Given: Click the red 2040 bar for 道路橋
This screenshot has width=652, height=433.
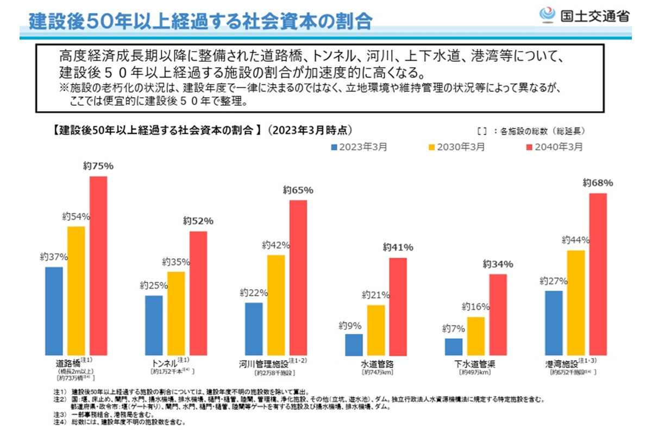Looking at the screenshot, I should pos(98,265).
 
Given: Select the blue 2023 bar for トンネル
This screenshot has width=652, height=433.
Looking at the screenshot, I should pos(154,325).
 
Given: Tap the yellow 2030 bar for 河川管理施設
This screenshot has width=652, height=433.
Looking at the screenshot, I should pos(276,304).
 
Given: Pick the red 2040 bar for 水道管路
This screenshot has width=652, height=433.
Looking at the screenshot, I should pos(398,306).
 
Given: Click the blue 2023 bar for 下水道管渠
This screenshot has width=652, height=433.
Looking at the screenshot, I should pos(454,346).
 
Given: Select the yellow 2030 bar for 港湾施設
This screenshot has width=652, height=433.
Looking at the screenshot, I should pos(576,302).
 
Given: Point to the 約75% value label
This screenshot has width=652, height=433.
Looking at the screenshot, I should pos(98,166).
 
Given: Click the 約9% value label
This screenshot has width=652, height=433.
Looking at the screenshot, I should pos(350,326).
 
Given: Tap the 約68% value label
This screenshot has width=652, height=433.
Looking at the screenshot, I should pos(598,182).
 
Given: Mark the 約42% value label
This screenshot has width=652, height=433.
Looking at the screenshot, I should pos(276,245).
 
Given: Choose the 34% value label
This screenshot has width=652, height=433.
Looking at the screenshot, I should pos(498,264).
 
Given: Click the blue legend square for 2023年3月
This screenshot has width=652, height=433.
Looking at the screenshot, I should pos(334,147).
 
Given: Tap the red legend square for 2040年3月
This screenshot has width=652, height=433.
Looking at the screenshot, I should pos(530,147).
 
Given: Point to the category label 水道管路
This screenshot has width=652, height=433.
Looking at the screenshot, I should pos(377,364).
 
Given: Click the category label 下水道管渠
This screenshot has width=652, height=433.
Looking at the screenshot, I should pos(475,364).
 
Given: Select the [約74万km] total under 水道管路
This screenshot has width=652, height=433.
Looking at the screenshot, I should pos(377,373).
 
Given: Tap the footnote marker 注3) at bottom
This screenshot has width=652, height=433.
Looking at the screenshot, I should pos(59,413).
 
